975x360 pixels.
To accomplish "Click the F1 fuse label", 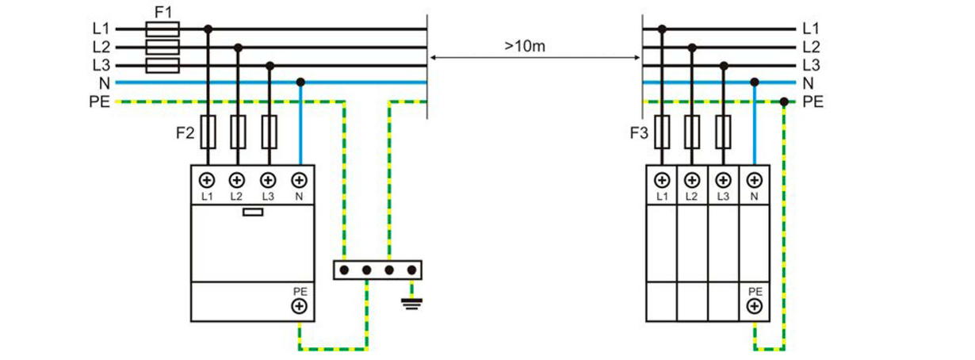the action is [x=163, y=12].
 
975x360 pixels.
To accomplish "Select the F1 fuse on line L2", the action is [x=162, y=47].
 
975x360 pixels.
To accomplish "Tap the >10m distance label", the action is [x=525, y=46].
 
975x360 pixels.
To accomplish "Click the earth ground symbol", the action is [x=411, y=304].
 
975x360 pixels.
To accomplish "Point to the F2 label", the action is [x=185, y=132].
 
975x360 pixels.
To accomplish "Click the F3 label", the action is [x=639, y=132].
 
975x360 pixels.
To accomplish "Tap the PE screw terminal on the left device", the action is [x=299, y=306].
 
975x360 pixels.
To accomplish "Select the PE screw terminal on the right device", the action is [x=755, y=306].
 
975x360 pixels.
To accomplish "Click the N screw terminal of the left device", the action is [x=299, y=180].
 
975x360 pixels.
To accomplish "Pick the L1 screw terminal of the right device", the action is [x=662, y=180].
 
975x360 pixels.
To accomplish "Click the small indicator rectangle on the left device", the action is [x=253, y=212].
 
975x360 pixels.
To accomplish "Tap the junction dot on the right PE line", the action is [x=784, y=101].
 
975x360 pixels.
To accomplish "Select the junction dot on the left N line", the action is [x=300, y=82].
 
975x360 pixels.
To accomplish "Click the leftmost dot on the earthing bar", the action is [x=344, y=270].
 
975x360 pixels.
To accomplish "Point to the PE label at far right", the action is [x=812, y=101].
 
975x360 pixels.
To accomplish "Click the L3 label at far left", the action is [x=101, y=65].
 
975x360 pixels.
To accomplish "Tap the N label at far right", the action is [x=808, y=83].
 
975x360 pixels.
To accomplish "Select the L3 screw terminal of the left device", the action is [x=268, y=180].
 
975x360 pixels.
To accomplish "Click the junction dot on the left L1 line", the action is [x=208, y=29].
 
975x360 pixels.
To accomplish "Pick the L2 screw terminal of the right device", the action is [x=692, y=180].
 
